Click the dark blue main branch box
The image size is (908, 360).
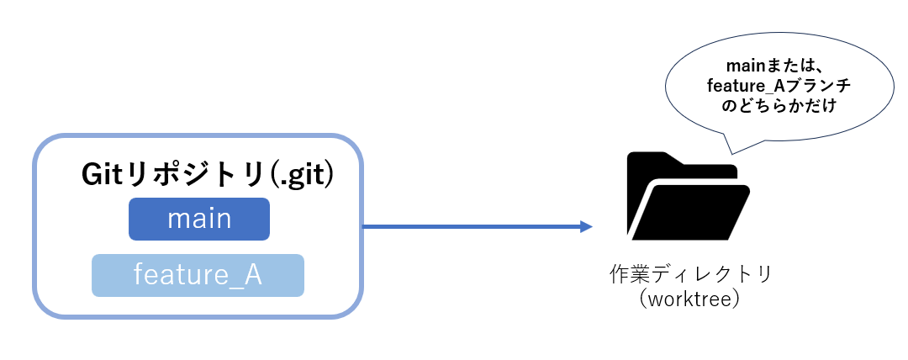coord(199,220)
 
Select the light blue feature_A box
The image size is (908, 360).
coord(198,275)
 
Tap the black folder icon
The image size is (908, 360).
coord(688,196)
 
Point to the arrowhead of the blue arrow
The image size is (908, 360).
coord(587,226)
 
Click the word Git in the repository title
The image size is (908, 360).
coord(103,176)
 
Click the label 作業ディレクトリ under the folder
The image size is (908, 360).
coord(691,273)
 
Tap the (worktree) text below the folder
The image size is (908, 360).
coord(691,300)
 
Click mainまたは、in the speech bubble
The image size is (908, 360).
coord(773,66)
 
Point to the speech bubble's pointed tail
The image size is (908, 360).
coord(732,154)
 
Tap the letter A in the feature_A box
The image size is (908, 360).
coord(253,275)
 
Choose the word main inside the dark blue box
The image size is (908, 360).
coord(199,220)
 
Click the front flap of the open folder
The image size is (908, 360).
coord(692,212)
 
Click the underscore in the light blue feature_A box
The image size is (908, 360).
coord(235,286)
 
